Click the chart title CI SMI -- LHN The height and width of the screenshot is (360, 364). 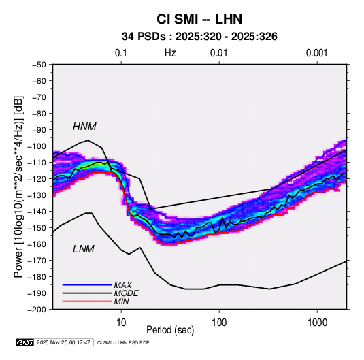pyautogui.click(x=199, y=19)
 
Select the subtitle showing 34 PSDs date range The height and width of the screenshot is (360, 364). pyautogui.click(x=199, y=37)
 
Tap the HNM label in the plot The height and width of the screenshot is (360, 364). pyautogui.click(x=84, y=127)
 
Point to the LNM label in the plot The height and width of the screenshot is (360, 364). pyautogui.click(x=84, y=249)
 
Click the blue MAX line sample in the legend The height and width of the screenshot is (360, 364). pyautogui.click(x=87, y=284)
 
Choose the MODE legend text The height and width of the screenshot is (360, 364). pyautogui.click(x=127, y=293)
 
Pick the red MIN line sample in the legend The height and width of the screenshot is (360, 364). pyautogui.click(x=87, y=301)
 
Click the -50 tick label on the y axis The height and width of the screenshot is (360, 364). pyautogui.click(x=39, y=65)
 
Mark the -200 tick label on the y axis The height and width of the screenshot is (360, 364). pyautogui.click(x=37, y=310)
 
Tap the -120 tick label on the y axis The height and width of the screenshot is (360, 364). pyautogui.click(x=37, y=179)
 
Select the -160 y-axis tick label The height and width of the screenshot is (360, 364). pyautogui.click(x=37, y=244)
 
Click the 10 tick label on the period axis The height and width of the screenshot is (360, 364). pyautogui.click(x=121, y=323)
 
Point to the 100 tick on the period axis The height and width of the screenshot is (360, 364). pyautogui.click(x=219, y=323)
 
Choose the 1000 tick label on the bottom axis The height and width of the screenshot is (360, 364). pyautogui.click(x=317, y=323)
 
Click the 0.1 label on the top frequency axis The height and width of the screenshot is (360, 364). pyautogui.click(x=121, y=53)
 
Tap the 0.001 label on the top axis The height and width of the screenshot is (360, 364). pyautogui.click(x=316, y=53)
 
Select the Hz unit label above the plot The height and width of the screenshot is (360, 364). pyautogui.click(x=170, y=53)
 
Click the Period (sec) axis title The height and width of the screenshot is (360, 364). pyautogui.click(x=170, y=330)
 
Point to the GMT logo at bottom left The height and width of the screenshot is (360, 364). pyautogui.click(x=24, y=342)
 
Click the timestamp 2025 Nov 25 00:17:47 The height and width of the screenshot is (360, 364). pyautogui.click(x=63, y=342)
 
